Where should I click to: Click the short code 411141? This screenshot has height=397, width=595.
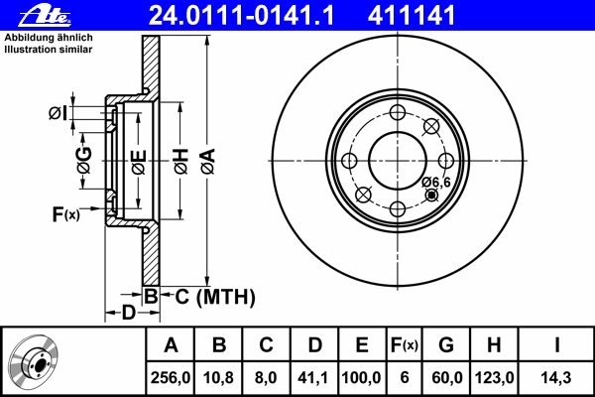[x=412, y=15]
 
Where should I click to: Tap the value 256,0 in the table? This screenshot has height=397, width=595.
[x=171, y=378]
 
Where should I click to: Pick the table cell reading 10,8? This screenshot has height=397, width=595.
[x=219, y=378]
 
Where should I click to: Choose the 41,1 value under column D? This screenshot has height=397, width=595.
[x=314, y=378]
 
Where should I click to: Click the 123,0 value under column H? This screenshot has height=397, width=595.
[x=493, y=378]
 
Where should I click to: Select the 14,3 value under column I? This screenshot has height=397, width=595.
[x=556, y=378]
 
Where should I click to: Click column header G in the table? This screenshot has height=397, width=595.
[x=445, y=345]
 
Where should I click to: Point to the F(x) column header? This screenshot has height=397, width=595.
[x=404, y=345]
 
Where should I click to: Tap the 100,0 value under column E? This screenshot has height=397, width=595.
[x=362, y=378]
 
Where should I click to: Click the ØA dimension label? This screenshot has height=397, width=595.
[x=206, y=162]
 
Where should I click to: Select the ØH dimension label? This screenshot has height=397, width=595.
[x=180, y=162]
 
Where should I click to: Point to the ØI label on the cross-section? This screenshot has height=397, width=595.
[x=59, y=113]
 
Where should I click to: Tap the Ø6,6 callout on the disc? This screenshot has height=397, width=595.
[x=436, y=182]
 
